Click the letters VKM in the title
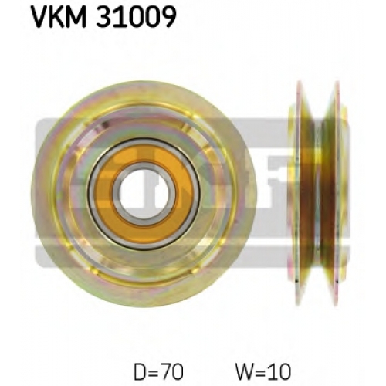[59, 16]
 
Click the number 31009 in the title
[136, 17]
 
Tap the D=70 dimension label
[158, 372]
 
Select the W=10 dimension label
[263, 372]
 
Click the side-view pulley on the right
[317, 194]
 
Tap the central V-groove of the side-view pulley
[317, 194]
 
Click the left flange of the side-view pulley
[299, 194]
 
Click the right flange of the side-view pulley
[337, 194]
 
